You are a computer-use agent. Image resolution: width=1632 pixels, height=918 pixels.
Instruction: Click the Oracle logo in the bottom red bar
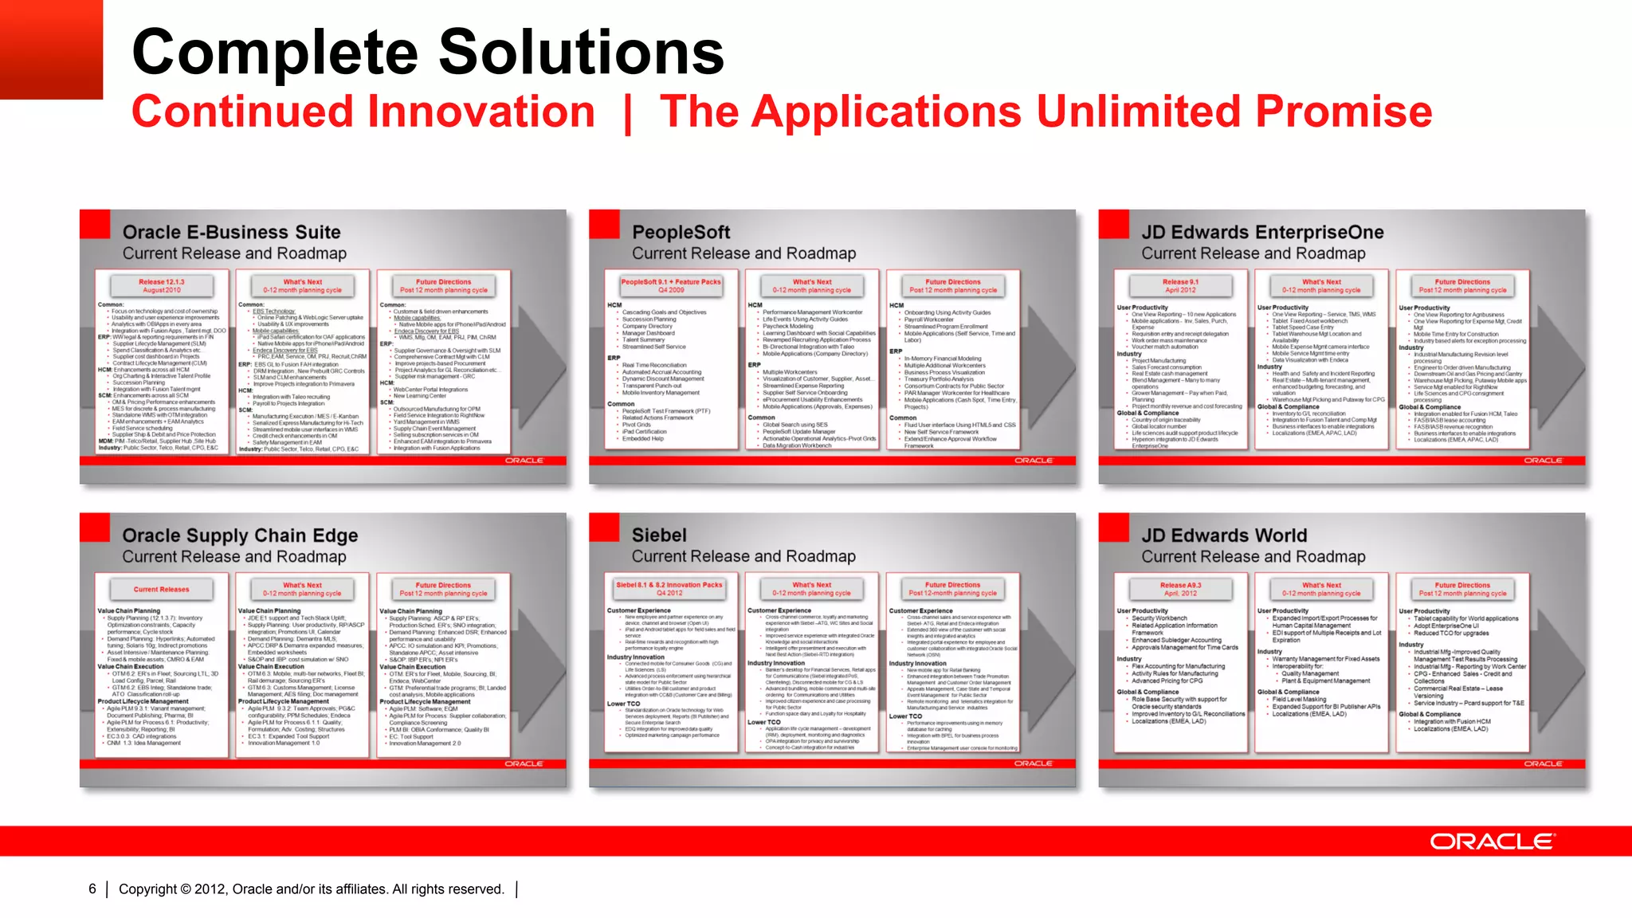(x=1492, y=841)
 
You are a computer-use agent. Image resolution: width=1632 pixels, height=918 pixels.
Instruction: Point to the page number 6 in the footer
(x=92, y=889)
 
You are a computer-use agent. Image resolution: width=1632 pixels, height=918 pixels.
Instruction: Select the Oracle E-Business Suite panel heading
(x=231, y=233)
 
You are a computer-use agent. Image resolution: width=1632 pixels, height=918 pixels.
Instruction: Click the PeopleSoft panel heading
(x=681, y=233)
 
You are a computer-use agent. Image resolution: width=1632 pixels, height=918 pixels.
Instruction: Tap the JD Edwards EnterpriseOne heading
(x=1262, y=233)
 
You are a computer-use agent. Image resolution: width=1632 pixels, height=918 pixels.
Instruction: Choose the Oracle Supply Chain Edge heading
(x=240, y=535)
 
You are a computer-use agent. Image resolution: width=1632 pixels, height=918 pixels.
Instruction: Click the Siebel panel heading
(x=659, y=535)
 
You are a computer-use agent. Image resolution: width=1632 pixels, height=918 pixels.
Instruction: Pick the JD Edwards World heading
(x=1224, y=535)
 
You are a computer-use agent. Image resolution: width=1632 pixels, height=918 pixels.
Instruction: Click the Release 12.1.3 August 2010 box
(x=162, y=285)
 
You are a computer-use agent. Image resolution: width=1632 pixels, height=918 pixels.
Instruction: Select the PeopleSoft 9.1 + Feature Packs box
(x=671, y=285)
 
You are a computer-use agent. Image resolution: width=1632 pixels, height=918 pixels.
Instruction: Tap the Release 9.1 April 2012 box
(x=1180, y=285)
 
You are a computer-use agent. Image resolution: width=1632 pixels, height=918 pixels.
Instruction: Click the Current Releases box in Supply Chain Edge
(x=162, y=590)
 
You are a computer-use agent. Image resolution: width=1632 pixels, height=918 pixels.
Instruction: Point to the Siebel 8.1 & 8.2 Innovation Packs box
(x=669, y=589)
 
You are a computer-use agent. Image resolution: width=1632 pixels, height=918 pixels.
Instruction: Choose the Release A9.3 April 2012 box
(x=1180, y=589)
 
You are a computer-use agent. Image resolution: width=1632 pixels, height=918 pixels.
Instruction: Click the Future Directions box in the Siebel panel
(x=952, y=589)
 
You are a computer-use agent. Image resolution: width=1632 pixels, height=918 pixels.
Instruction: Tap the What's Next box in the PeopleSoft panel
(x=812, y=285)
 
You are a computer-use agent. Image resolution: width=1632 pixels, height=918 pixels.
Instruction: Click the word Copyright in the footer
(x=147, y=889)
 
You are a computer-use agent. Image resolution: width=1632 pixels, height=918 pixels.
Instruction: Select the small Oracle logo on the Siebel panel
(x=1034, y=763)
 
